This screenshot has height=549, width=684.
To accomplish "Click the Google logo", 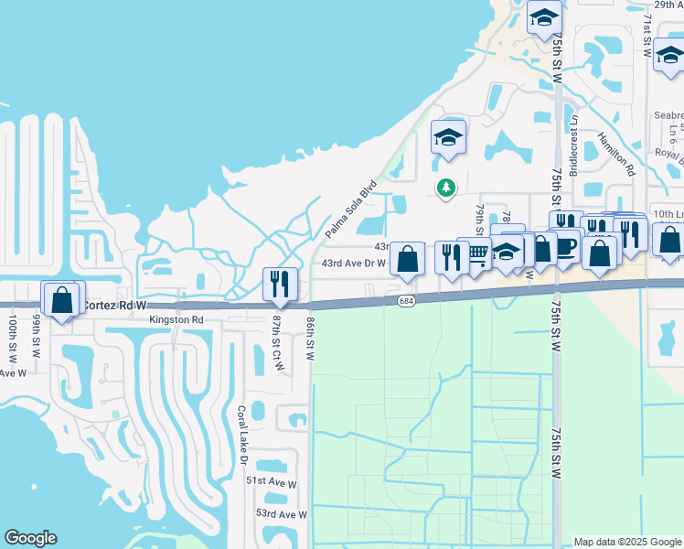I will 30,538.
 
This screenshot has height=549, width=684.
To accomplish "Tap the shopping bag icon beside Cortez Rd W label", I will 62,300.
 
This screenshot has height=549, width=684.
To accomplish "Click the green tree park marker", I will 445,188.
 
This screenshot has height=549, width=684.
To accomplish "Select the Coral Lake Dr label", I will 243,434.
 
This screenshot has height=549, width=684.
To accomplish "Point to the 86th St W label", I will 311,337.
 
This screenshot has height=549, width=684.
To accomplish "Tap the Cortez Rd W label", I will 113,305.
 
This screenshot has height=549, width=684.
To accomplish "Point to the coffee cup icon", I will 564,247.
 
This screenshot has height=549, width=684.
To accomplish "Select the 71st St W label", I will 647,37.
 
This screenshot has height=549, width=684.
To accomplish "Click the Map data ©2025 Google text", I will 626,542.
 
